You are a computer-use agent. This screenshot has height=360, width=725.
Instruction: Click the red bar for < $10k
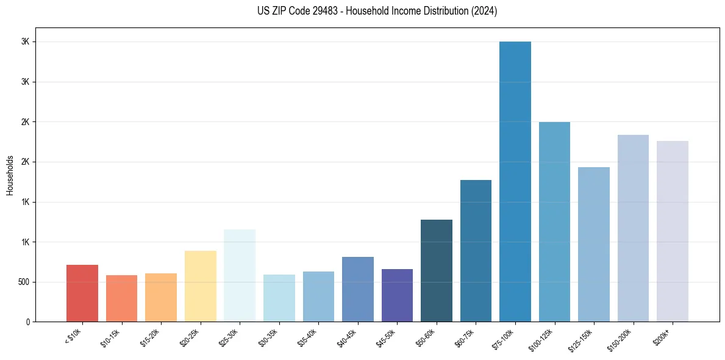(x=82, y=293)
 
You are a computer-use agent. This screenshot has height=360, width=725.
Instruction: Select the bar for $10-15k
(x=121, y=298)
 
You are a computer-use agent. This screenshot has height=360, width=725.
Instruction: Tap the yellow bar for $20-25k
(x=200, y=286)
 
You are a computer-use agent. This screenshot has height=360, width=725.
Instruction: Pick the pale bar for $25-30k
(x=240, y=275)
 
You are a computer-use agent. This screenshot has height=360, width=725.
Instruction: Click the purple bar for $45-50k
(x=397, y=295)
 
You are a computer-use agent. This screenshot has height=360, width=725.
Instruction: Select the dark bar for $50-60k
(x=437, y=270)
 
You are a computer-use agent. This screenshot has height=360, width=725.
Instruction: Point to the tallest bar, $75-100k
(x=515, y=181)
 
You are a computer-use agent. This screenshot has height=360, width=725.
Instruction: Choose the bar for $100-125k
(x=554, y=221)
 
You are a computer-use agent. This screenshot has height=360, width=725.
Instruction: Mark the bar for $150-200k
(x=633, y=228)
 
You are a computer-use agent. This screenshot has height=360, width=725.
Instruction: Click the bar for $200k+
(x=673, y=231)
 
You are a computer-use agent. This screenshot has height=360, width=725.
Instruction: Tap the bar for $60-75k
(x=476, y=251)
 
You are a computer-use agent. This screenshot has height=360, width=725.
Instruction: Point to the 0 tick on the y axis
(x=27, y=322)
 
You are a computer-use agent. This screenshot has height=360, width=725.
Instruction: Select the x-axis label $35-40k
(x=309, y=337)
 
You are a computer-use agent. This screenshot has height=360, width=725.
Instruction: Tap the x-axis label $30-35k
(x=270, y=337)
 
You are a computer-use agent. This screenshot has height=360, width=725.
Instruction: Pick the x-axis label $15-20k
(x=151, y=337)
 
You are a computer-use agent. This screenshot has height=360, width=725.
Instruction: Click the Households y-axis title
(x=10, y=175)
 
